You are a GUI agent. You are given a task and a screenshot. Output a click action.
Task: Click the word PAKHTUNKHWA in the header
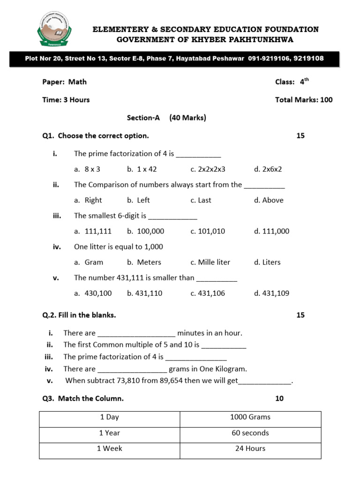tap(261, 40)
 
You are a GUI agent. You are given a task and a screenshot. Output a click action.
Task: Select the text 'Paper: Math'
tap(64, 82)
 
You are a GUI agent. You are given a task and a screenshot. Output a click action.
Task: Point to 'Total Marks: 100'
tap(304, 100)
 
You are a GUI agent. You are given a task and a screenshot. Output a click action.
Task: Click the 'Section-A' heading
tap(140, 118)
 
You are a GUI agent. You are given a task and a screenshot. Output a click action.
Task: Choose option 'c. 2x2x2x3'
tap(208, 169)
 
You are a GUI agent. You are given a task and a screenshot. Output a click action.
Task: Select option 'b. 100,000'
tap(145, 231)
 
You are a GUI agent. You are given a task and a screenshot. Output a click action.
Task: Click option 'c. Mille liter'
tap(210, 262)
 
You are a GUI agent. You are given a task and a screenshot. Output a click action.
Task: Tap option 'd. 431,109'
tap(271, 293)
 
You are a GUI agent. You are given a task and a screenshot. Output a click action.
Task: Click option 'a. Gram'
tap(89, 262)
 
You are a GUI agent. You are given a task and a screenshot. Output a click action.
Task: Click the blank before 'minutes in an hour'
tap(136, 333)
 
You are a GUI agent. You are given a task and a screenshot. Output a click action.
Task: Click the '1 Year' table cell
tap(109, 433)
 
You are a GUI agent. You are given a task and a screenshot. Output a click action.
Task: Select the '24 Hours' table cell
tap(250, 449)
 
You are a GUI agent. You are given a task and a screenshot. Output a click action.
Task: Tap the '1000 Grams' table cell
tap(250, 417)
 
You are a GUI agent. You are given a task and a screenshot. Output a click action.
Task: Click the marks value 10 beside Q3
tap(279, 399)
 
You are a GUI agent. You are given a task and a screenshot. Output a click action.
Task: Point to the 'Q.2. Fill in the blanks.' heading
tap(79, 315)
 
